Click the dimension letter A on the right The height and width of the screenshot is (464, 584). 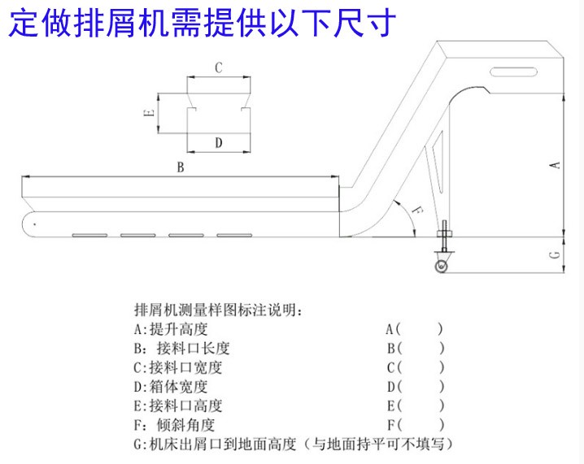coord(556,165)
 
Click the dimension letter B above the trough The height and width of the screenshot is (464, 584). coord(181,168)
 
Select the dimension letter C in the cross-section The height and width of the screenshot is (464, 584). coord(218,68)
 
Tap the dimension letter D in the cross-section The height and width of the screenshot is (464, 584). coord(218,143)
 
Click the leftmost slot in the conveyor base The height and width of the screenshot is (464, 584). coord(85,236)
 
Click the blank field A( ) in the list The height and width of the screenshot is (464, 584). coord(415,329)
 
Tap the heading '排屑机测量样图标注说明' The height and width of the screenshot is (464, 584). coord(220,310)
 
